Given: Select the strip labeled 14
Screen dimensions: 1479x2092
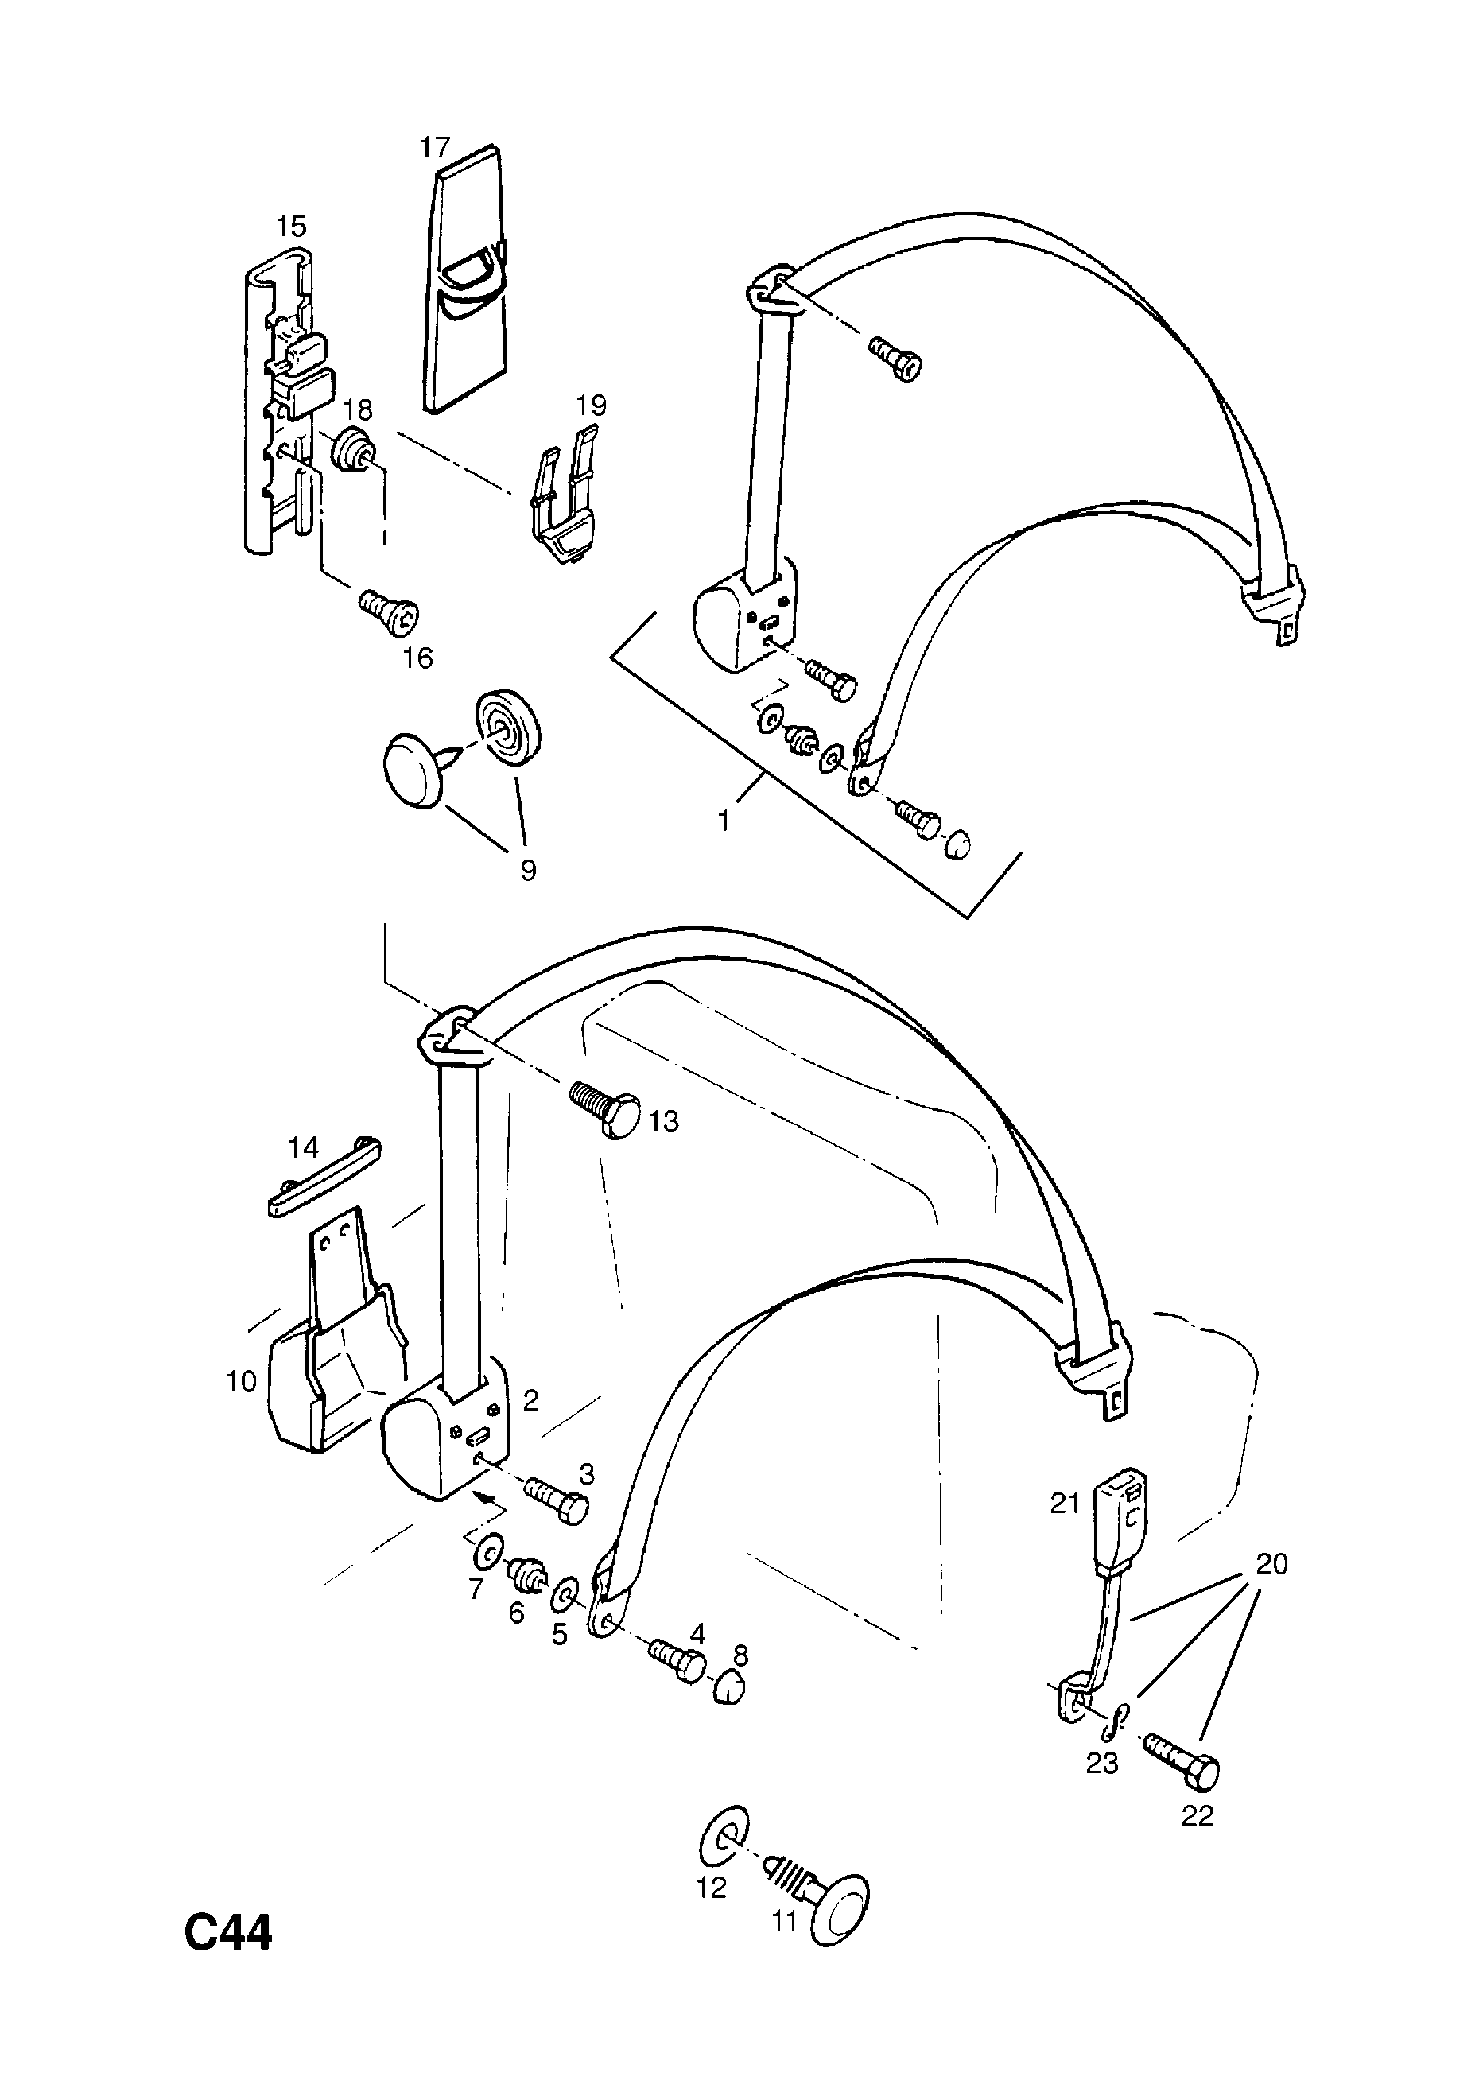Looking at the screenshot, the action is (x=324, y=1178).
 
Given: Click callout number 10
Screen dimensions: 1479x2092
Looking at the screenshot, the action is (x=242, y=1382).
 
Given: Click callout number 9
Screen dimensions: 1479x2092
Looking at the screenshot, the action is (x=528, y=870).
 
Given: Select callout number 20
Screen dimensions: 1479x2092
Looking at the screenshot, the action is (x=1272, y=1563).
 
